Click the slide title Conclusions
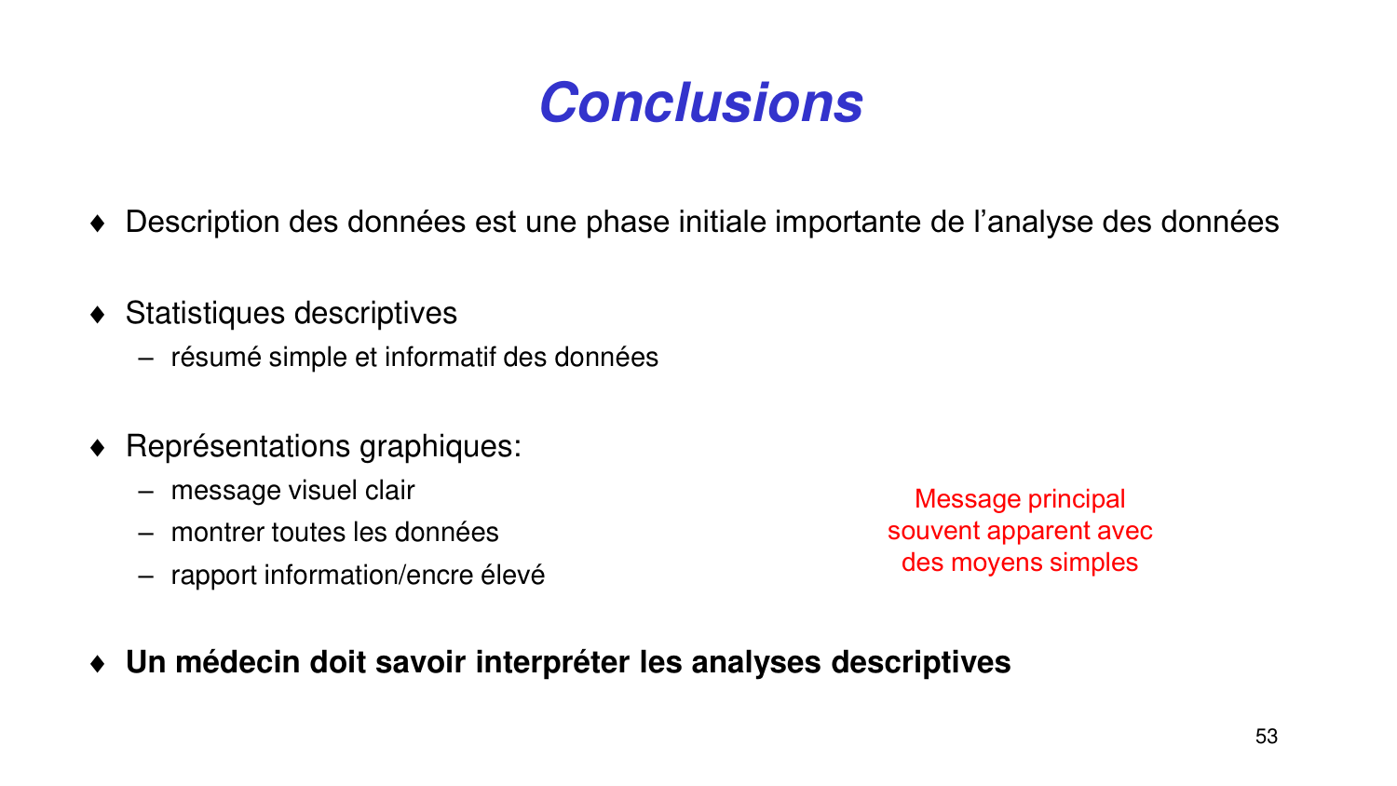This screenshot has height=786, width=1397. point(700,102)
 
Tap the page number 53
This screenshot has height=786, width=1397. point(1266,737)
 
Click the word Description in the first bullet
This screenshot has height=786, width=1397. point(202,223)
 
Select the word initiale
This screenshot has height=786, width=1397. point(723,223)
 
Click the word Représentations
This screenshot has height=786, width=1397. point(238,447)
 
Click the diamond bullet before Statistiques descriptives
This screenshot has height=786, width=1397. point(99,315)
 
